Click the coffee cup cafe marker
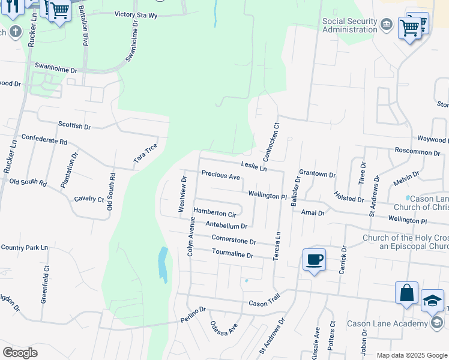314,260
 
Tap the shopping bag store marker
406,293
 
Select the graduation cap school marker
432,302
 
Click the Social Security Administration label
350,26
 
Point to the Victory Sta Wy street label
136,14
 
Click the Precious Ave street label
221,176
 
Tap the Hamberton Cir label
214,213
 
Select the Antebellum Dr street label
226,226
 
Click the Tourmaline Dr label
233,255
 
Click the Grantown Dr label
317,174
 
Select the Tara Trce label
146,153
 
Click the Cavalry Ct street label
89,199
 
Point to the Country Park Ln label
24,247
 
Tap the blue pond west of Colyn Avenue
163,265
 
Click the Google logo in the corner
20,352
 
